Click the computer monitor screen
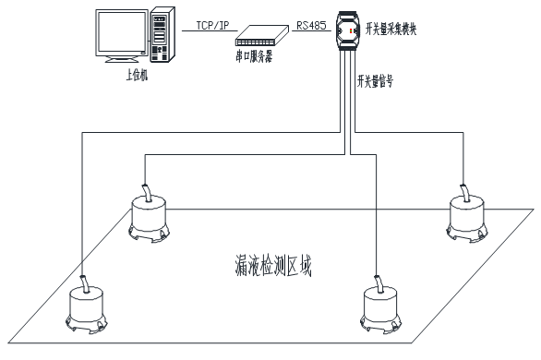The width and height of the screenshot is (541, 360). tap(122, 32)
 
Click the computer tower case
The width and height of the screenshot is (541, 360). tap(162, 34)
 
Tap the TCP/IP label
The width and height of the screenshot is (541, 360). tap(212, 25)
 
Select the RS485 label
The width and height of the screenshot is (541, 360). tap(311, 25)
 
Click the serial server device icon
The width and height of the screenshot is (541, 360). tap(262, 35)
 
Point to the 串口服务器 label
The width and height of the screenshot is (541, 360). tap(254, 56)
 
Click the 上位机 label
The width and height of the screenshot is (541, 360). tap(137, 75)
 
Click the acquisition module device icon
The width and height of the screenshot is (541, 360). tap(348, 30)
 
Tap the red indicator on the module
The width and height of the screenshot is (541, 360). tap(351, 31)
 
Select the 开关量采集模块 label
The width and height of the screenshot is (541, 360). tap(391, 29)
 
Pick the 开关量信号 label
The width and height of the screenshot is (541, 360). tap(375, 81)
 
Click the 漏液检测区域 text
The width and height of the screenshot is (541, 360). tap(273, 266)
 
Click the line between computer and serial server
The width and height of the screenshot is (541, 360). tap(210, 31)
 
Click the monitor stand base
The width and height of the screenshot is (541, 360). tap(122, 60)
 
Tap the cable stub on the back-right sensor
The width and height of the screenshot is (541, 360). tap(464, 192)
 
